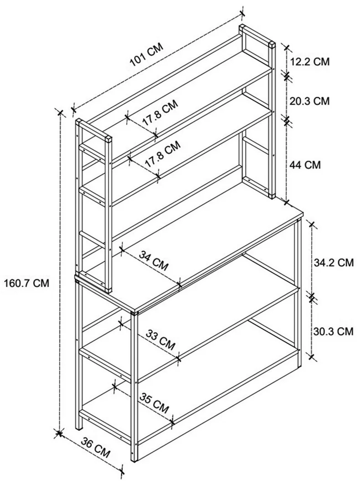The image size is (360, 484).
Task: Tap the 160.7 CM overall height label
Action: pyautogui.click(x=26, y=283)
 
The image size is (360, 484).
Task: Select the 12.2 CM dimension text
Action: pyautogui.click(x=310, y=61)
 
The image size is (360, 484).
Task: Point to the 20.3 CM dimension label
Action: pyautogui.click(x=309, y=101)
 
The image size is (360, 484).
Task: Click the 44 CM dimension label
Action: pyautogui.click(x=305, y=164)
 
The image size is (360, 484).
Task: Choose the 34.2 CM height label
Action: pyautogui.click(x=334, y=263)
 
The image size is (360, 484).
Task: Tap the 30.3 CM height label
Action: pyautogui.click(x=333, y=331)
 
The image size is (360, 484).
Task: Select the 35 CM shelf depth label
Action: pyautogui.click(x=154, y=403)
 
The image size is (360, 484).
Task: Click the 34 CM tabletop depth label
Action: pyautogui.click(x=154, y=260)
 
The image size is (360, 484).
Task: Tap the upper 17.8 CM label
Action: pyautogui.click(x=160, y=112)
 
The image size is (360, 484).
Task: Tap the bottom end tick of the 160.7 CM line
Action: pyautogui.click(x=59, y=433)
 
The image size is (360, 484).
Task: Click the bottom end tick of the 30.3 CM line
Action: pyautogui.click(x=312, y=357)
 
